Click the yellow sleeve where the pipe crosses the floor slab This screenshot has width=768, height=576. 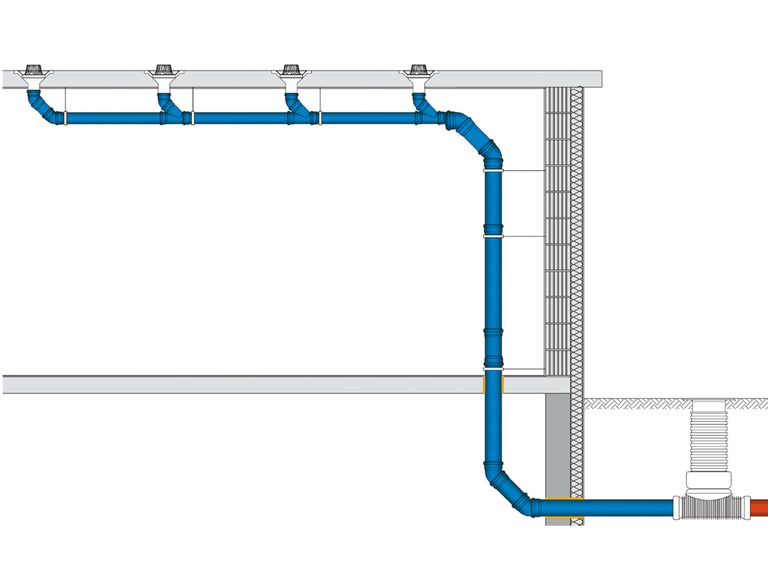click(x=493, y=384)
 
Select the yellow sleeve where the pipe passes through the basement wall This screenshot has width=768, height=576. click(x=563, y=508)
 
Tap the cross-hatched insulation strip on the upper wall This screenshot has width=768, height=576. click(x=577, y=225)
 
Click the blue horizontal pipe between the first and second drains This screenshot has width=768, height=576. click(x=112, y=118)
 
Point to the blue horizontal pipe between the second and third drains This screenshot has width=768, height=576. click(x=240, y=118)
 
